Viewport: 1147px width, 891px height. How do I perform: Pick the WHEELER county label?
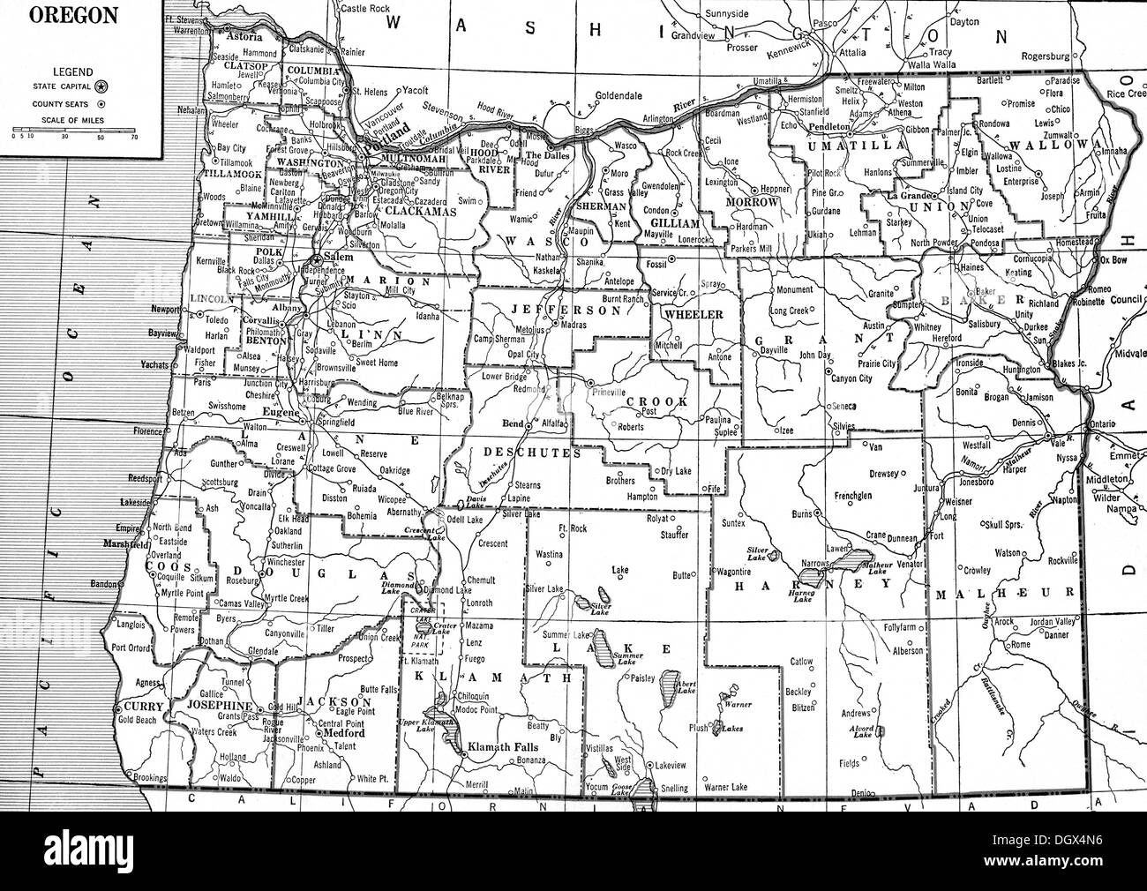693,314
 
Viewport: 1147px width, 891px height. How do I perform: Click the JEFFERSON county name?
553,311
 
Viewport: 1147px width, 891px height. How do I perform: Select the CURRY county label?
140,708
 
